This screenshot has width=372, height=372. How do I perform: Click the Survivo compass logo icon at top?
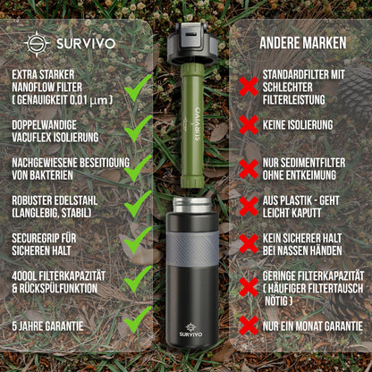[x=37, y=43]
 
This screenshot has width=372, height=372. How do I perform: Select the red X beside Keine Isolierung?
[x=249, y=126]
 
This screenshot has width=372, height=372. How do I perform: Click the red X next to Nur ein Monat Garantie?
[x=249, y=325]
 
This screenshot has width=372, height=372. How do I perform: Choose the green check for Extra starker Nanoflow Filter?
[x=138, y=88]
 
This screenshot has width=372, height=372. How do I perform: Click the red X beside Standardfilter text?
[x=249, y=87]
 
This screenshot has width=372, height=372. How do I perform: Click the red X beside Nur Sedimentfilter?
[x=249, y=168]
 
